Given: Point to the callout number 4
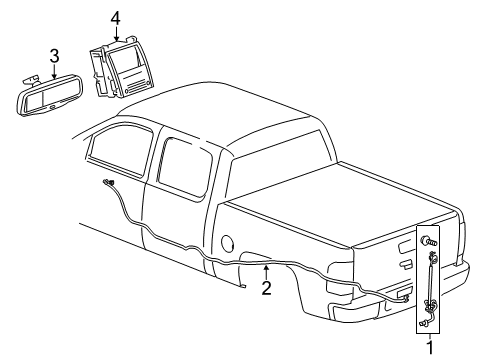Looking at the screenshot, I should coord(115,17).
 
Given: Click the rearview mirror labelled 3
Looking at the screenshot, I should coord(54,95).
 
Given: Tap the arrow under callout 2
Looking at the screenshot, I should coord(266,271).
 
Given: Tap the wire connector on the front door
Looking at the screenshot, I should coord(106,183).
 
